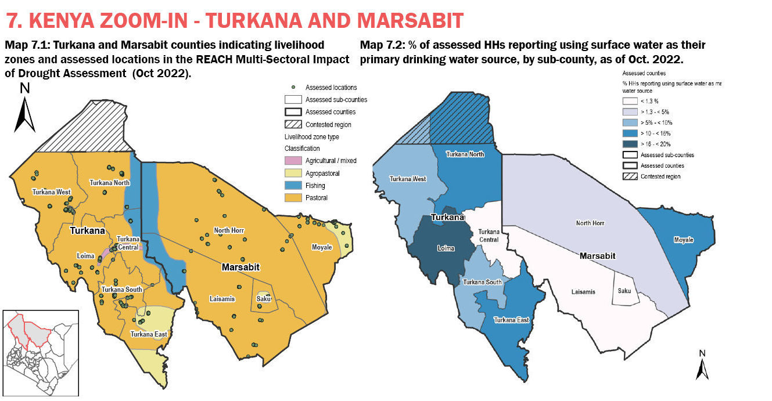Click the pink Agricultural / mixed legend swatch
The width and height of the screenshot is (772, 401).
(x=293, y=160)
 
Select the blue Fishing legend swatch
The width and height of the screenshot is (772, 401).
(x=293, y=186)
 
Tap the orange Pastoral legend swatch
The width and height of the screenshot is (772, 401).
(x=293, y=197)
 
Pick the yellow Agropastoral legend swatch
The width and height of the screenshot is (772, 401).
(x=293, y=173)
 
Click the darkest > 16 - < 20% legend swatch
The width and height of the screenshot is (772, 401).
(x=630, y=144)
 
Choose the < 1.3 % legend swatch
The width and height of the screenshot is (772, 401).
(x=630, y=101)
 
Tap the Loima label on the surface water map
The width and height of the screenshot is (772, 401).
(x=446, y=248)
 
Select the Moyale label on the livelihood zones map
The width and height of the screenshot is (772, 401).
(x=322, y=247)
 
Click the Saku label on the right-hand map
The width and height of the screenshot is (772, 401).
(x=624, y=291)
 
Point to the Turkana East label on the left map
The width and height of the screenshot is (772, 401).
(x=149, y=334)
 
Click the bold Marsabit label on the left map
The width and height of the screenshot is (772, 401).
(x=240, y=267)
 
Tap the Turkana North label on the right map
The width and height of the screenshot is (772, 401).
(x=465, y=154)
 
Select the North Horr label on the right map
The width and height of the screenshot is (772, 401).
(x=590, y=223)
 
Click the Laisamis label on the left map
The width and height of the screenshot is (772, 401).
(x=222, y=299)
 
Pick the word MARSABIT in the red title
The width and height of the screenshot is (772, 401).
(x=410, y=21)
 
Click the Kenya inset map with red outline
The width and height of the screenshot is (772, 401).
(x=41, y=353)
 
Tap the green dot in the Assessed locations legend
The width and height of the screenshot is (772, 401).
(x=293, y=87)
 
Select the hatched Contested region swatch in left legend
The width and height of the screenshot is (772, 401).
(x=293, y=124)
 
